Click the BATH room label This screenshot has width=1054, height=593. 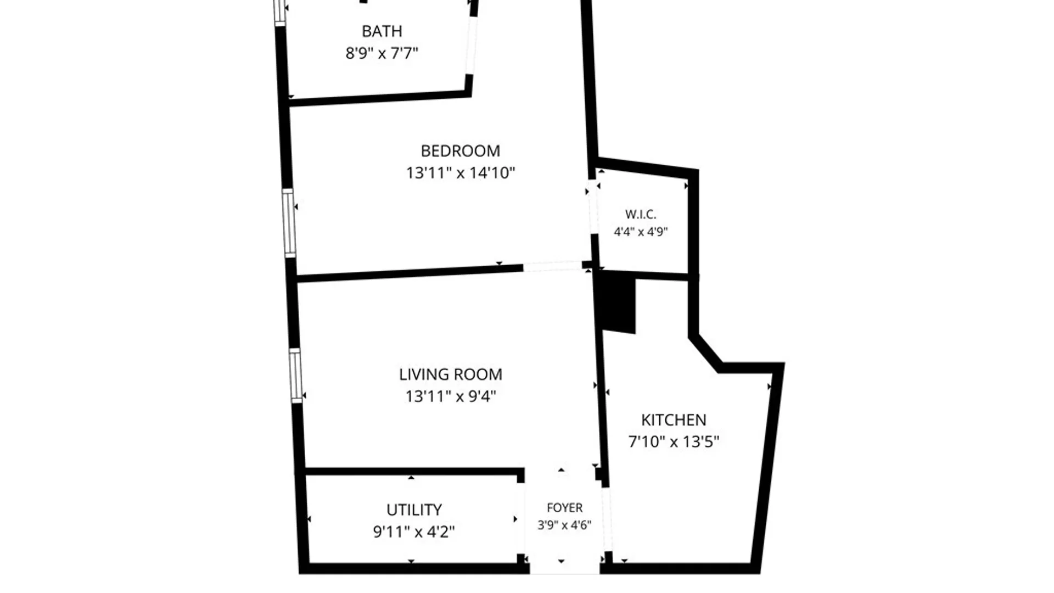pyautogui.click(x=382, y=31)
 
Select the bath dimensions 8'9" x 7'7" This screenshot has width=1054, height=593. pyautogui.click(x=382, y=53)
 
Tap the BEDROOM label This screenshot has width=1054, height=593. pyautogui.click(x=461, y=151)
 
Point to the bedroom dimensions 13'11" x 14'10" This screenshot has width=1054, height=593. pyautogui.click(x=461, y=173)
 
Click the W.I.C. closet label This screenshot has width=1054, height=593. pyautogui.click(x=641, y=214)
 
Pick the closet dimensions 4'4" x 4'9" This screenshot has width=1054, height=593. pyautogui.click(x=641, y=232)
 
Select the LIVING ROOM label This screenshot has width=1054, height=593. pyautogui.click(x=451, y=374)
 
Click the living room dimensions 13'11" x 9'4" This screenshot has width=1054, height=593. pyautogui.click(x=451, y=396)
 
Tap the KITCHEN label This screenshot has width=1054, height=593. pyautogui.click(x=674, y=420)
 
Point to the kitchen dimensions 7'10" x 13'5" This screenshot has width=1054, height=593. pyautogui.click(x=674, y=442)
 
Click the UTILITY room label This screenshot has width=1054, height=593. pyautogui.click(x=414, y=510)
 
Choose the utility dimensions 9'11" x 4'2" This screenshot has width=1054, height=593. pyautogui.click(x=414, y=532)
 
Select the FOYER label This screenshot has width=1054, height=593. pyautogui.click(x=564, y=508)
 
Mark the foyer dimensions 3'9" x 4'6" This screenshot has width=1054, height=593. pyautogui.click(x=564, y=525)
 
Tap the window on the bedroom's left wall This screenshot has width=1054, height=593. pyautogui.click(x=289, y=222)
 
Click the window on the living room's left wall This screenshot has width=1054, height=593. pyautogui.click(x=295, y=376)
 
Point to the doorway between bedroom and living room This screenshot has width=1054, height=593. pyautogui.click(x=552, y=266)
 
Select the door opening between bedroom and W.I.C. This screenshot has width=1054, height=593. pyautogui.click(x=593, y=207)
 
